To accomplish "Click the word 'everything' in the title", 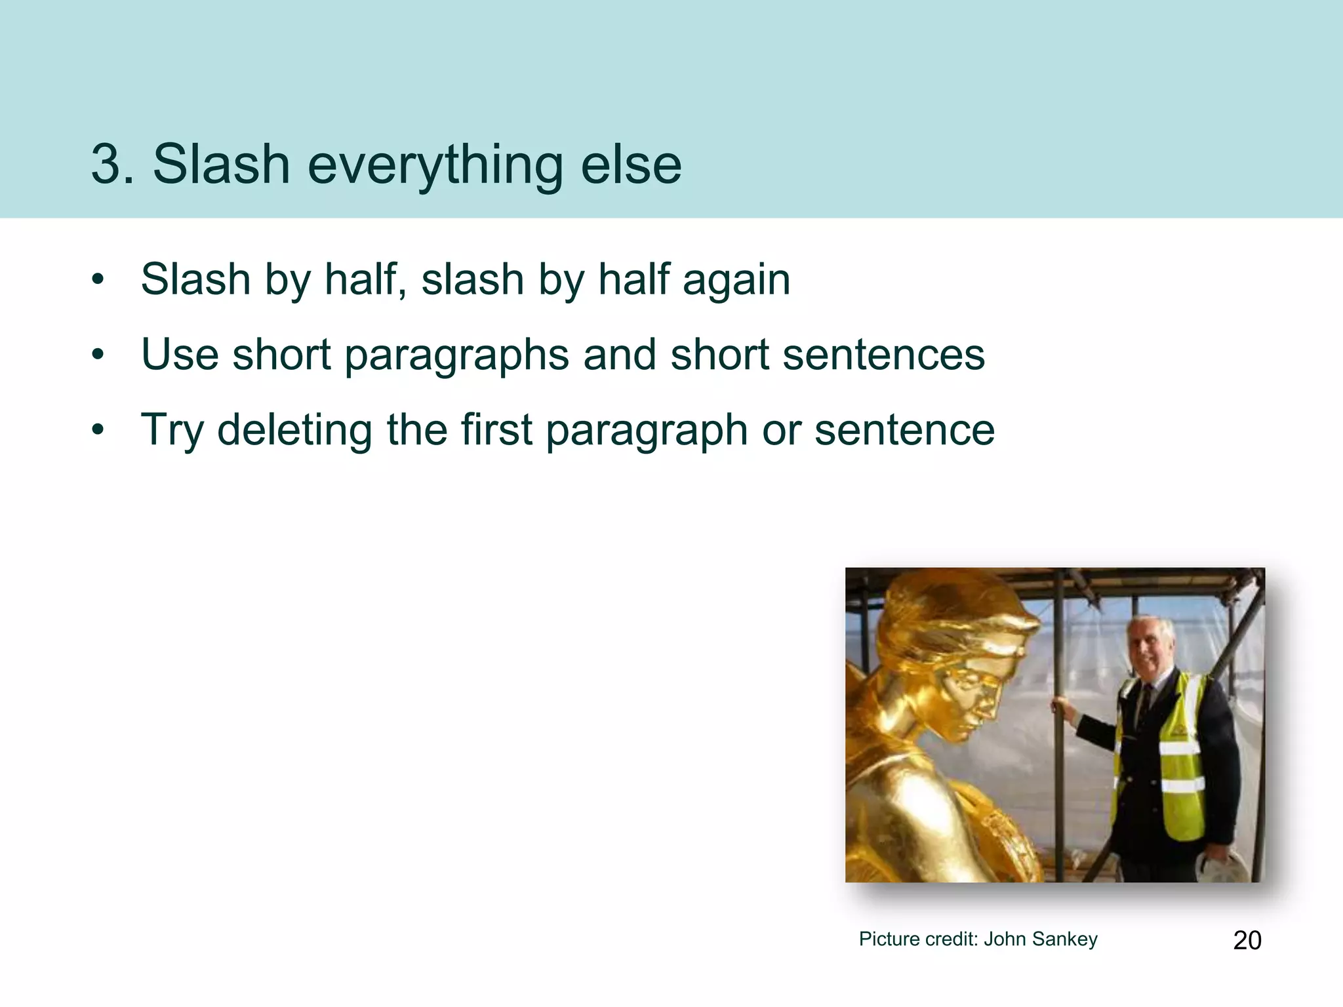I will (434, 165).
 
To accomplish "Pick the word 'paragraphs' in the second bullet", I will (456, 356).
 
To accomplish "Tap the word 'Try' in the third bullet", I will (172, 431).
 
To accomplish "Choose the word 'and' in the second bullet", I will (620, 355).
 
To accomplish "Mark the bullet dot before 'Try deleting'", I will (98, 430).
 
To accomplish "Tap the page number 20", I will (1247, 940).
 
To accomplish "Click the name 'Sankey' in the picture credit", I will (1064, 939).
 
